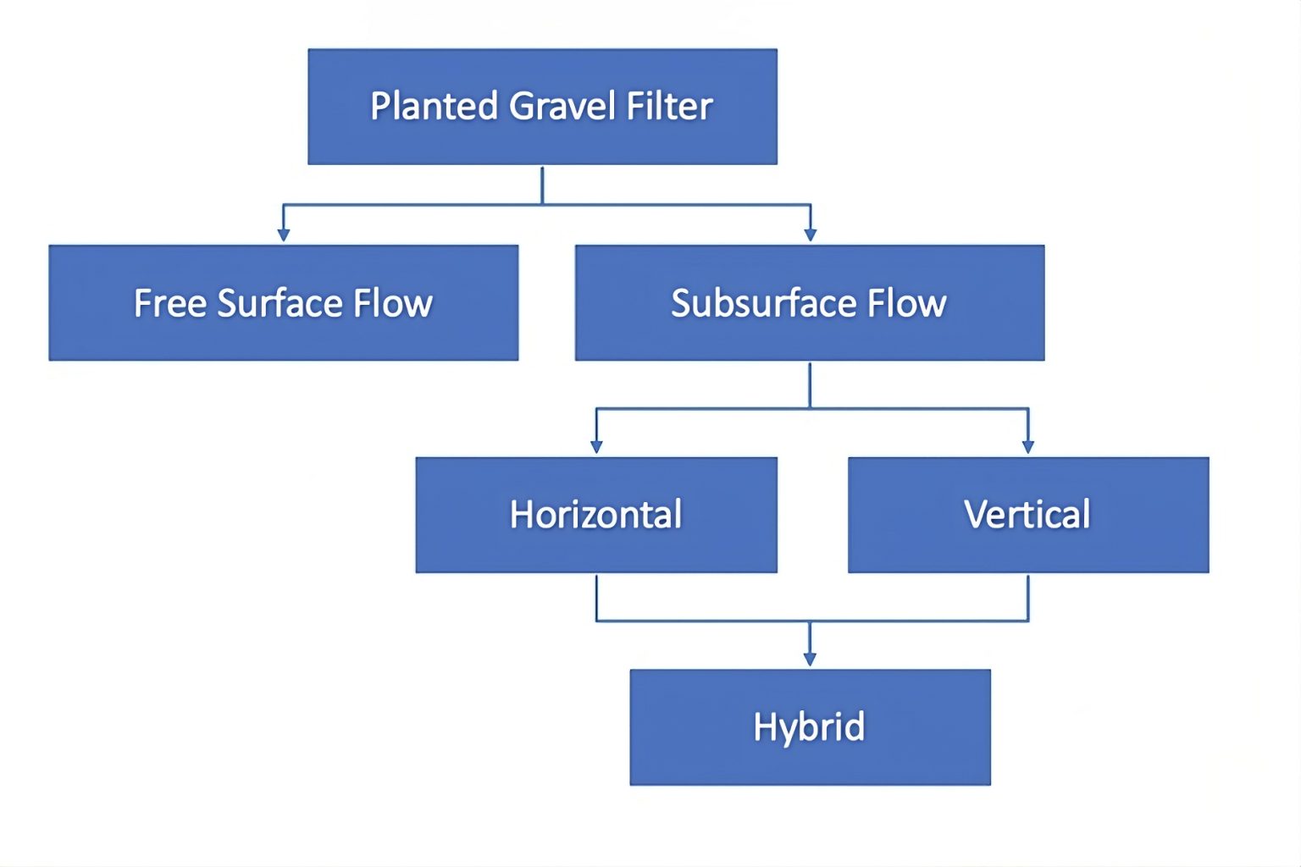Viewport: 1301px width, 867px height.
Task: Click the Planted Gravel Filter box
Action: coord(542,107)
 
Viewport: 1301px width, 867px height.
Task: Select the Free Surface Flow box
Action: coord(283,303)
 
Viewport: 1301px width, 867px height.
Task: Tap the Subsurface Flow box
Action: coord(809,303)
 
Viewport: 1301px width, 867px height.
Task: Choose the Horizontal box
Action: coord(595,515)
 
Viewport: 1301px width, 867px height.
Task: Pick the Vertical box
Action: coord(1027,515)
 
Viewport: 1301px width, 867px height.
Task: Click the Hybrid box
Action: coord(809,727)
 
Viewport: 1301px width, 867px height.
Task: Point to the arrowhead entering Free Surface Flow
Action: coord(284,235)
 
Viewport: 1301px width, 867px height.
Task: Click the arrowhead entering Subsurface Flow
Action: coord(811,235)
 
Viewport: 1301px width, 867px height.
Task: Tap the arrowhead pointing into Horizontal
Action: coord(596,446)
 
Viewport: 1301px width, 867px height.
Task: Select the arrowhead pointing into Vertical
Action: coord(1028,446)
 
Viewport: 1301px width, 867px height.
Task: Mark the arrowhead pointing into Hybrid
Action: coord(810,659)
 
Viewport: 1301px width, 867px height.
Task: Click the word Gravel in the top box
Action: coord(563,107)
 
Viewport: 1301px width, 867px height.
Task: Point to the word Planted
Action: coord(434,107)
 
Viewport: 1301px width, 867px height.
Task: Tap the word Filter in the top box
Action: coord(669,107)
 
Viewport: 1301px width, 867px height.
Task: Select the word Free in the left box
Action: coord(169,303)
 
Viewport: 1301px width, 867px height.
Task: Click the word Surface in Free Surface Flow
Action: coord(280,303)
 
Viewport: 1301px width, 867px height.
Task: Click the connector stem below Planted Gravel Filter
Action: coord(542,185)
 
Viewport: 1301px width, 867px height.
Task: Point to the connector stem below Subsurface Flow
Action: coord(811,385)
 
